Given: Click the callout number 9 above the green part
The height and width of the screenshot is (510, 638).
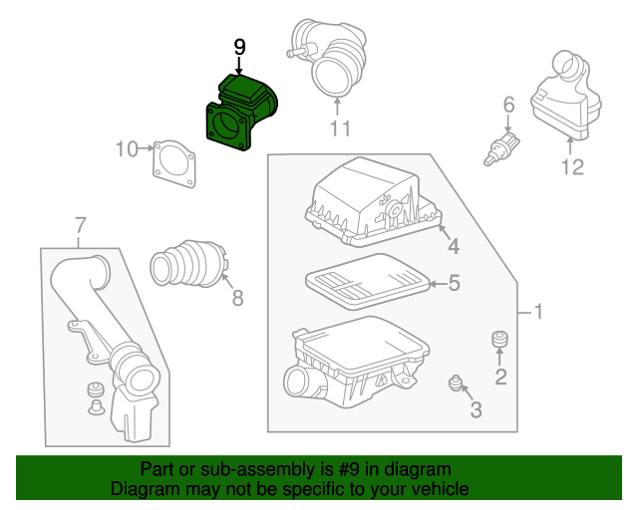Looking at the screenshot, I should pos(238,46).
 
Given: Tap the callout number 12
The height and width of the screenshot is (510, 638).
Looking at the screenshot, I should pos(571,167).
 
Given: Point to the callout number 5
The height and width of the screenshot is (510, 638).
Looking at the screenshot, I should pos(453,284).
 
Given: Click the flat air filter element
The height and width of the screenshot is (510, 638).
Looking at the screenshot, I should pos(365,282).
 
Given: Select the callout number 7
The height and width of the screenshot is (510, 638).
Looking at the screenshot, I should pos(80,224).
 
